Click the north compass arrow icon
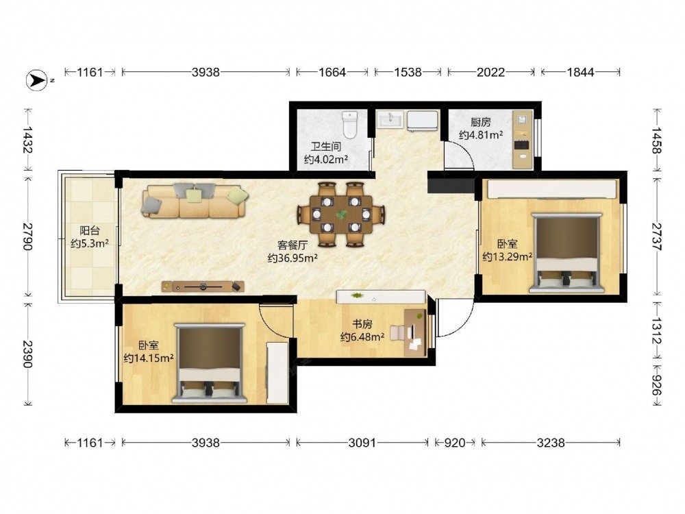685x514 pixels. pos(37,80)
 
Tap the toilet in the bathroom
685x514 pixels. pos(350,124)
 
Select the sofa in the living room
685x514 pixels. pos(195,201)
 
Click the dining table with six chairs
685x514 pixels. pos(340,215)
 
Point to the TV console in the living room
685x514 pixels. pos(203,286)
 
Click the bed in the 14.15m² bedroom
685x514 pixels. pos(209,363)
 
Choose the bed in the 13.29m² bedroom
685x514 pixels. pos(566,253)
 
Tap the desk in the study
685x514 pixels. pos(415,332)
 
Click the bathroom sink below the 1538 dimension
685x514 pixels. pos(391,119)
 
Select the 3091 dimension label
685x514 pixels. pos(362,443)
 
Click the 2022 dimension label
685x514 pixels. pos(490,72)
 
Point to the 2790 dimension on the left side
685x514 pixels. pos(27,236)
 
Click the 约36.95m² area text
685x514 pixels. pos(292,258)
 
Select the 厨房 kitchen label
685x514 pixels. pos(481,122)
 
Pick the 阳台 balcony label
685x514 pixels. pos(90,230)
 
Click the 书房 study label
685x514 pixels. pos(362,324)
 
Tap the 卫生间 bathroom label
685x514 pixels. pos(326,147)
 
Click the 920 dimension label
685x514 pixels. pos(455,443)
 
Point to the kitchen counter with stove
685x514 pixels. pos(523,140)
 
